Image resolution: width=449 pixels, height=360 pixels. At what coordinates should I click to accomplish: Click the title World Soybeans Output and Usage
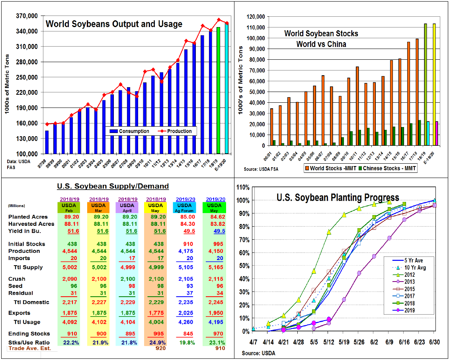pos(114,24)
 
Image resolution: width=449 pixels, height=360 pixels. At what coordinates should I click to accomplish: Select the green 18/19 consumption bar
pos(218,90)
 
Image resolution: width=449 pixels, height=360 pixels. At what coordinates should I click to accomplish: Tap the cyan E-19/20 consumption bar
pos(226,88)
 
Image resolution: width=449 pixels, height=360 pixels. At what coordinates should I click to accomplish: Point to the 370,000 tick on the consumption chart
pos(27,16)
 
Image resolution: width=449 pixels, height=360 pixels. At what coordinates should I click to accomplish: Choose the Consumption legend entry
pos(129,131)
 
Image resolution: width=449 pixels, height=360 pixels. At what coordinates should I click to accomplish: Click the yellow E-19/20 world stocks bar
pos(434,84)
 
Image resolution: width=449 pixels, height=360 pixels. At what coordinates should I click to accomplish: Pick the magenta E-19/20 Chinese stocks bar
pos(437,133)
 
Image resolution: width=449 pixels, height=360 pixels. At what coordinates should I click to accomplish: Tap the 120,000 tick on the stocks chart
pos(255,17)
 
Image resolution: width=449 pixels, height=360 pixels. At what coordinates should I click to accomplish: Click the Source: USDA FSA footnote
pos(261,169)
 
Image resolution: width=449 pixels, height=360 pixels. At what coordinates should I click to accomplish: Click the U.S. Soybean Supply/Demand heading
pos(113,186)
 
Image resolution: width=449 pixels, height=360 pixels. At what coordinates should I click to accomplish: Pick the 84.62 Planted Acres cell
pos(215,217)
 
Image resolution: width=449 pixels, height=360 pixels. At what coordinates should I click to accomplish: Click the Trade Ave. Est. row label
pos(30,348)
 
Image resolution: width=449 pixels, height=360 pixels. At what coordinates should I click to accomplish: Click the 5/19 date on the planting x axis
pos(344,342)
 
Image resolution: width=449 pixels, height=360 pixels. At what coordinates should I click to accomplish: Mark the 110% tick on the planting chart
pos(243,188)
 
